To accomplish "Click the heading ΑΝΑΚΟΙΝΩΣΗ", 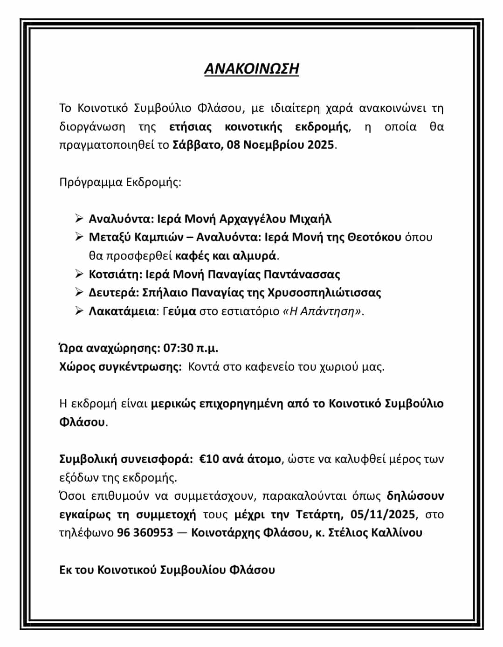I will pyautogui.click(x=251, y=69).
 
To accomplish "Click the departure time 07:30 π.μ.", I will pyautogui.click(x=191, y=348).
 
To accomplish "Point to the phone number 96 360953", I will pyautogui.click(x=145, y=532).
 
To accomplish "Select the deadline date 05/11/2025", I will pyautogui.click(x=383, y=514).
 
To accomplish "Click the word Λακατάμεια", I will pyautogui.click(x=122, y=311).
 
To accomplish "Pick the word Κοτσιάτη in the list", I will pyautogui.click(x=114, y=274).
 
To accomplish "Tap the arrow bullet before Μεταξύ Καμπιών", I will pyautogui.click(x=79, y=237).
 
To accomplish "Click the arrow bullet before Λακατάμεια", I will pyautogui.click(x=79, y=311).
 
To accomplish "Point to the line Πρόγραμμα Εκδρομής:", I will pyautogui.click(x=120, y=181).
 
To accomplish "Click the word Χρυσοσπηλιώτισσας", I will pyautogui.click(x=324, y=293).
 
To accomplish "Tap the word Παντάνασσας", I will pyautogui.click(x=302, y=274).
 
